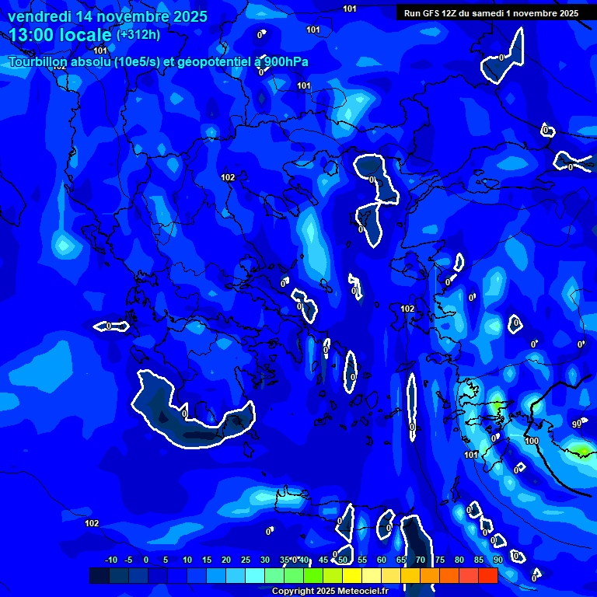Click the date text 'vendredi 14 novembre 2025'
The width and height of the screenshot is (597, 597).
[107, 16]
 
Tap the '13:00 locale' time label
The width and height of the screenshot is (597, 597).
[60, 34]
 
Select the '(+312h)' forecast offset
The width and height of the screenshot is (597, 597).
[138, 35]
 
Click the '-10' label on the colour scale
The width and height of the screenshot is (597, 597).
[110, 560]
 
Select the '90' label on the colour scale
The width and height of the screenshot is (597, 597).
[497, 560]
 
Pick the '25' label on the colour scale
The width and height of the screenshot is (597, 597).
[246, 560]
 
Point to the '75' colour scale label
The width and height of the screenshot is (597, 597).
[440, 560]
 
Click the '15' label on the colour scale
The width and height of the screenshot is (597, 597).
[207, 560]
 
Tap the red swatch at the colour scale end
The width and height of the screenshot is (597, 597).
[488, 575]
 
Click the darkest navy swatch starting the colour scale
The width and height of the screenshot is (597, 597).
[99, 575]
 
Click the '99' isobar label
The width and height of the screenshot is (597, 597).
[577, 424]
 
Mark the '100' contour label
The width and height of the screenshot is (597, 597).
[532, 441]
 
